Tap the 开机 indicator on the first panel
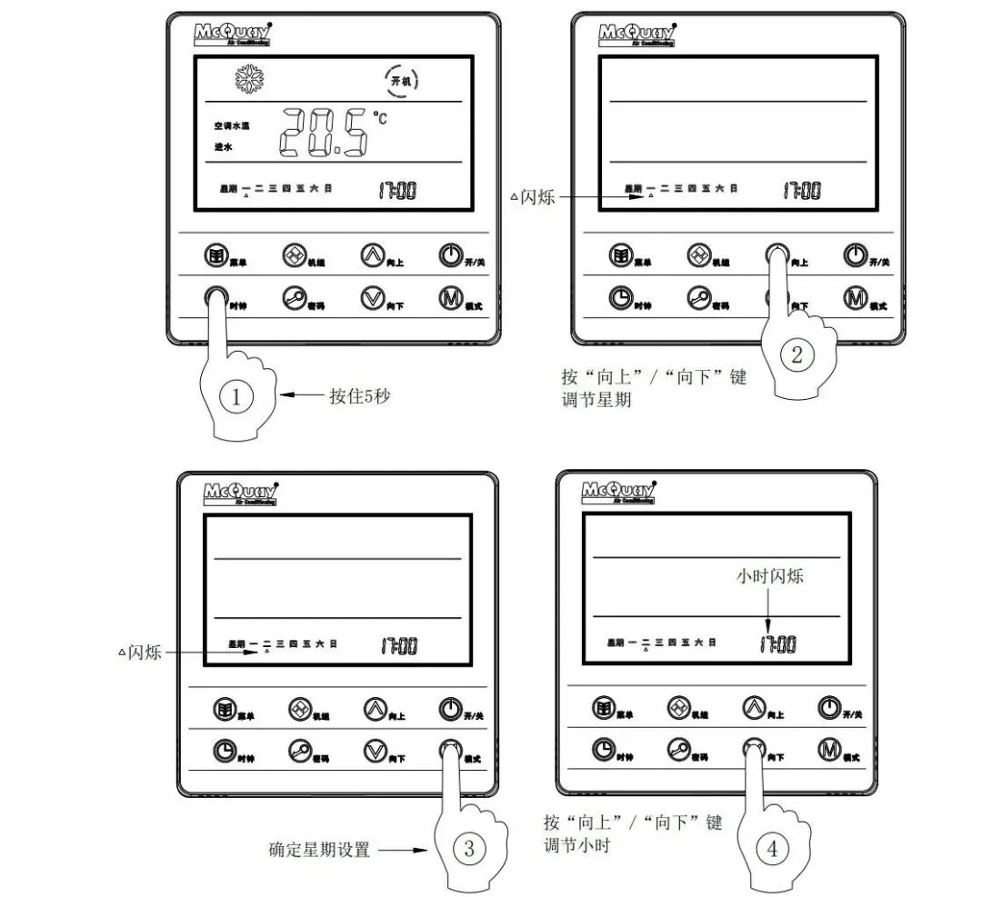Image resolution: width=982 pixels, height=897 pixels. [401, 81]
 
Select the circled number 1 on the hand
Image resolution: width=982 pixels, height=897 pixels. [236, 397]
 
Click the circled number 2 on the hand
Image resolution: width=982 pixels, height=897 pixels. [797, 355]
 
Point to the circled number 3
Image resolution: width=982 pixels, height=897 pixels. [469, 849]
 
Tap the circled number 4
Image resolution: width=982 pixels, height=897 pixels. [772, 849]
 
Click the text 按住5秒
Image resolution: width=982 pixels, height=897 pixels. [360, 396]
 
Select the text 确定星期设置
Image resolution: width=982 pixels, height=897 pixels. [320, 851]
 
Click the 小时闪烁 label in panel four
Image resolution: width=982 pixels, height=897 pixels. [769, 576]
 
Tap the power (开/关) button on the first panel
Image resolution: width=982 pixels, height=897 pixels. [449, 254]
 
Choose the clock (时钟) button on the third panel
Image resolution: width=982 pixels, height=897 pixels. [224, 751]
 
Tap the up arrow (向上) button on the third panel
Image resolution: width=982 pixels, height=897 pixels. [375, 708]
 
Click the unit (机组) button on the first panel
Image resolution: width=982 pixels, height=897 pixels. [294, 254]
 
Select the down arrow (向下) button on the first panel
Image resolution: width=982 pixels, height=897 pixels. [372, 298]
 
